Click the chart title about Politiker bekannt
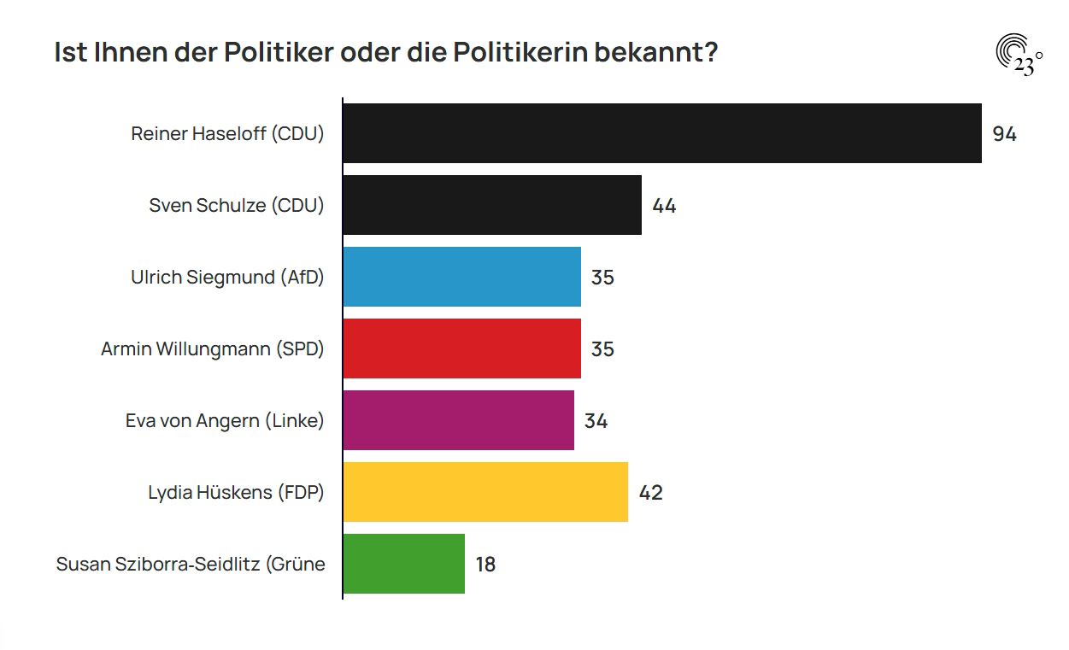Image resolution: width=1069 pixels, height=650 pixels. [x=385, y=53]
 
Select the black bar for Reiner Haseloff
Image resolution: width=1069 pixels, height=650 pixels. [x=662, y=133]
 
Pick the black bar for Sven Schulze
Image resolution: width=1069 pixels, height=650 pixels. [x=492, y=205]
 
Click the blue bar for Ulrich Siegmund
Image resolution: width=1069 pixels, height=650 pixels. [x=462, y=277]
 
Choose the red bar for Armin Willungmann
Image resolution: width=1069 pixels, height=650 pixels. [x=462, y=348]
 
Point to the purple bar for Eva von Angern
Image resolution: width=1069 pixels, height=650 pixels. [x=459, y=420]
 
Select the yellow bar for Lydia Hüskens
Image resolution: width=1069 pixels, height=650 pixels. [x=485, y=492]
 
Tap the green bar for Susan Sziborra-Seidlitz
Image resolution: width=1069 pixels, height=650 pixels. [x=404, y=564]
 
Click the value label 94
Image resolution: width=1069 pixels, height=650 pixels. [x=1004, y=134]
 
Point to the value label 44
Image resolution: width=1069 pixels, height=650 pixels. [x=664, y=206]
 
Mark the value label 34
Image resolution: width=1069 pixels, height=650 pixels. [x=596, y=421]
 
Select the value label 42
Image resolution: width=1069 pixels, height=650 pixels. [x=650, y=493]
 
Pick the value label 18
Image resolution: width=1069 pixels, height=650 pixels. [x=485, y=565]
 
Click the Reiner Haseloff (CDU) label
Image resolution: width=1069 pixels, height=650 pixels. [x=227, y=134]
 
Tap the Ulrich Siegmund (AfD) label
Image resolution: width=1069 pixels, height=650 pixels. [x=227, y=278]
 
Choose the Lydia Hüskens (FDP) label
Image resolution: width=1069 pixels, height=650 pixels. [x=236, y=493]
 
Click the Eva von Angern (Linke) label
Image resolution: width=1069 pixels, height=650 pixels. [x=225, y=421]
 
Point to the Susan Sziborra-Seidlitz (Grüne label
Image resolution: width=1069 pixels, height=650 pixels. [x=191, y=565]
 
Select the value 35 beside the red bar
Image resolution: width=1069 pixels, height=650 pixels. [x=602, y=349]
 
